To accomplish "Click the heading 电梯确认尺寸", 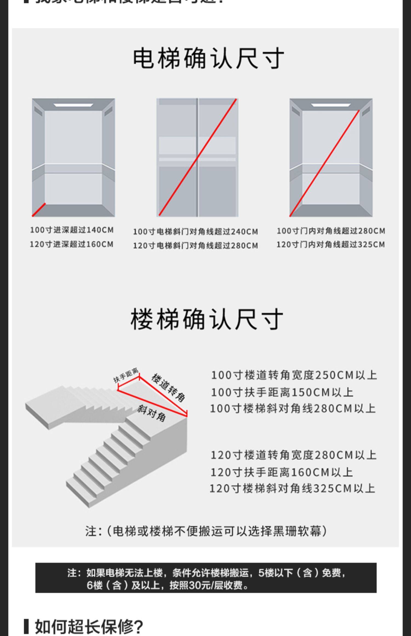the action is tap(208, 58).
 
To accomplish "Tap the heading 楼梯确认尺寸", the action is tap(207, 319).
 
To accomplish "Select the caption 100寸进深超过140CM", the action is tap(72, 230).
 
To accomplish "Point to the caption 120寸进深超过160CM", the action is tap(72, 244).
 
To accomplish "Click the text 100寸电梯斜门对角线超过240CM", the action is tap(195, 232).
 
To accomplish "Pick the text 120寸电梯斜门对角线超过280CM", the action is tap(195, 245).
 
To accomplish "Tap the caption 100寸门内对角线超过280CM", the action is tap(331, 231).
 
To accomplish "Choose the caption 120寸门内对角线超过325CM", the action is tap(330, 244).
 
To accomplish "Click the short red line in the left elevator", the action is tap(39, 210).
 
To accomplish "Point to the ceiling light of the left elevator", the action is tap(73, 105).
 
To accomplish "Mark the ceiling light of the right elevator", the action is tap(331, 105).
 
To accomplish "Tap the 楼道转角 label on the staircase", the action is tap(168, 387).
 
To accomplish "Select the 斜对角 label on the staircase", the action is tap(152, 413).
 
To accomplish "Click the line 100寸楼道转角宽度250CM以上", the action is tap(294, 375).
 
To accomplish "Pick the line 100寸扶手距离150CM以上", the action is tap(282, 392).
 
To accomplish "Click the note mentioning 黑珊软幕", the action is tap(206, 531).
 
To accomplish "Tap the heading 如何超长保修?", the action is tap(89, 626).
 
